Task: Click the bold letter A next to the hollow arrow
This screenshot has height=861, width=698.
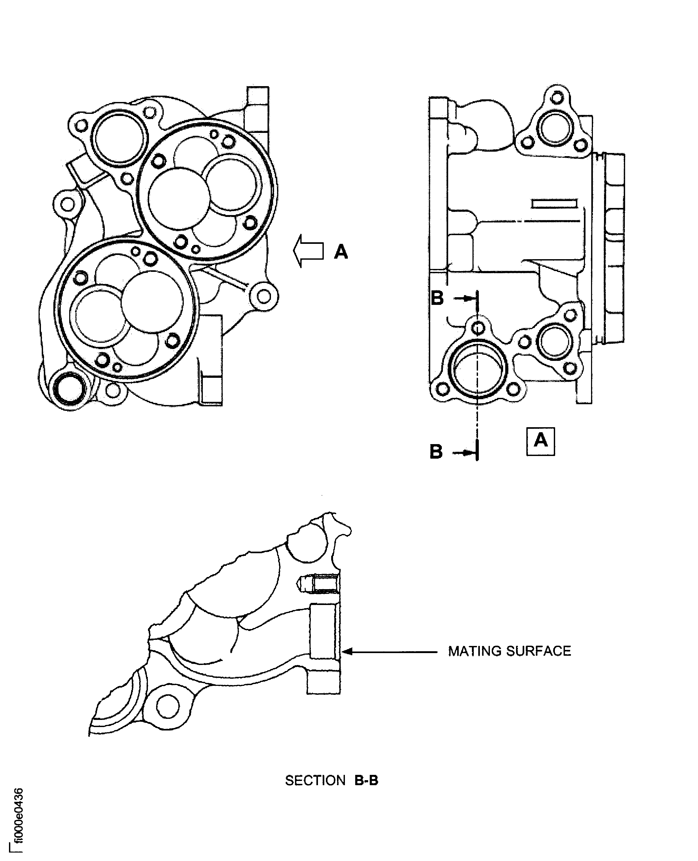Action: point(341,252)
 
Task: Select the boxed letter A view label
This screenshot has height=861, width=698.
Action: point(540,441)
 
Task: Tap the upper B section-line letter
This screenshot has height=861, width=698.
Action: point(437,298)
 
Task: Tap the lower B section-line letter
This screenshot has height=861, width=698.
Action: point(436,452)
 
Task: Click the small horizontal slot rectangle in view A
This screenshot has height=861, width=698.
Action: point(554,203)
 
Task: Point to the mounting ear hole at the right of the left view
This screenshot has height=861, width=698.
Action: point(264,296)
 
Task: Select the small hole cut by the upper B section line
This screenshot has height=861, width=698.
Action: point(477,328)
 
